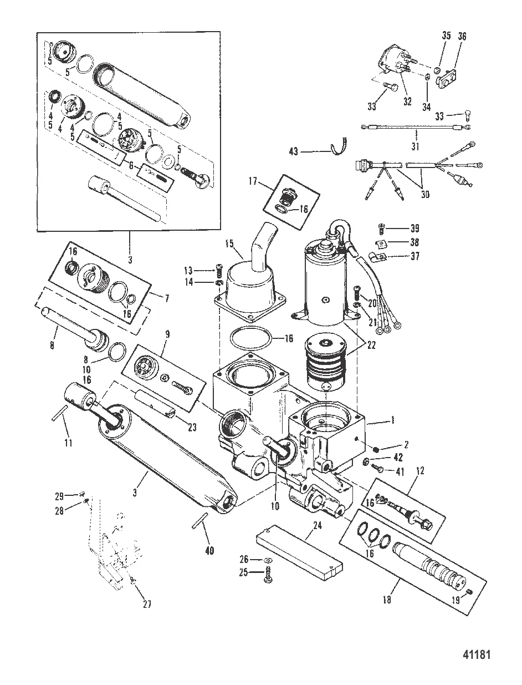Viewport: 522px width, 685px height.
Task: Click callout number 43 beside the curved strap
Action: point(294,151)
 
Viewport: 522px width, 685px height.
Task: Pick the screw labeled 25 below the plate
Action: point(269,573)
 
